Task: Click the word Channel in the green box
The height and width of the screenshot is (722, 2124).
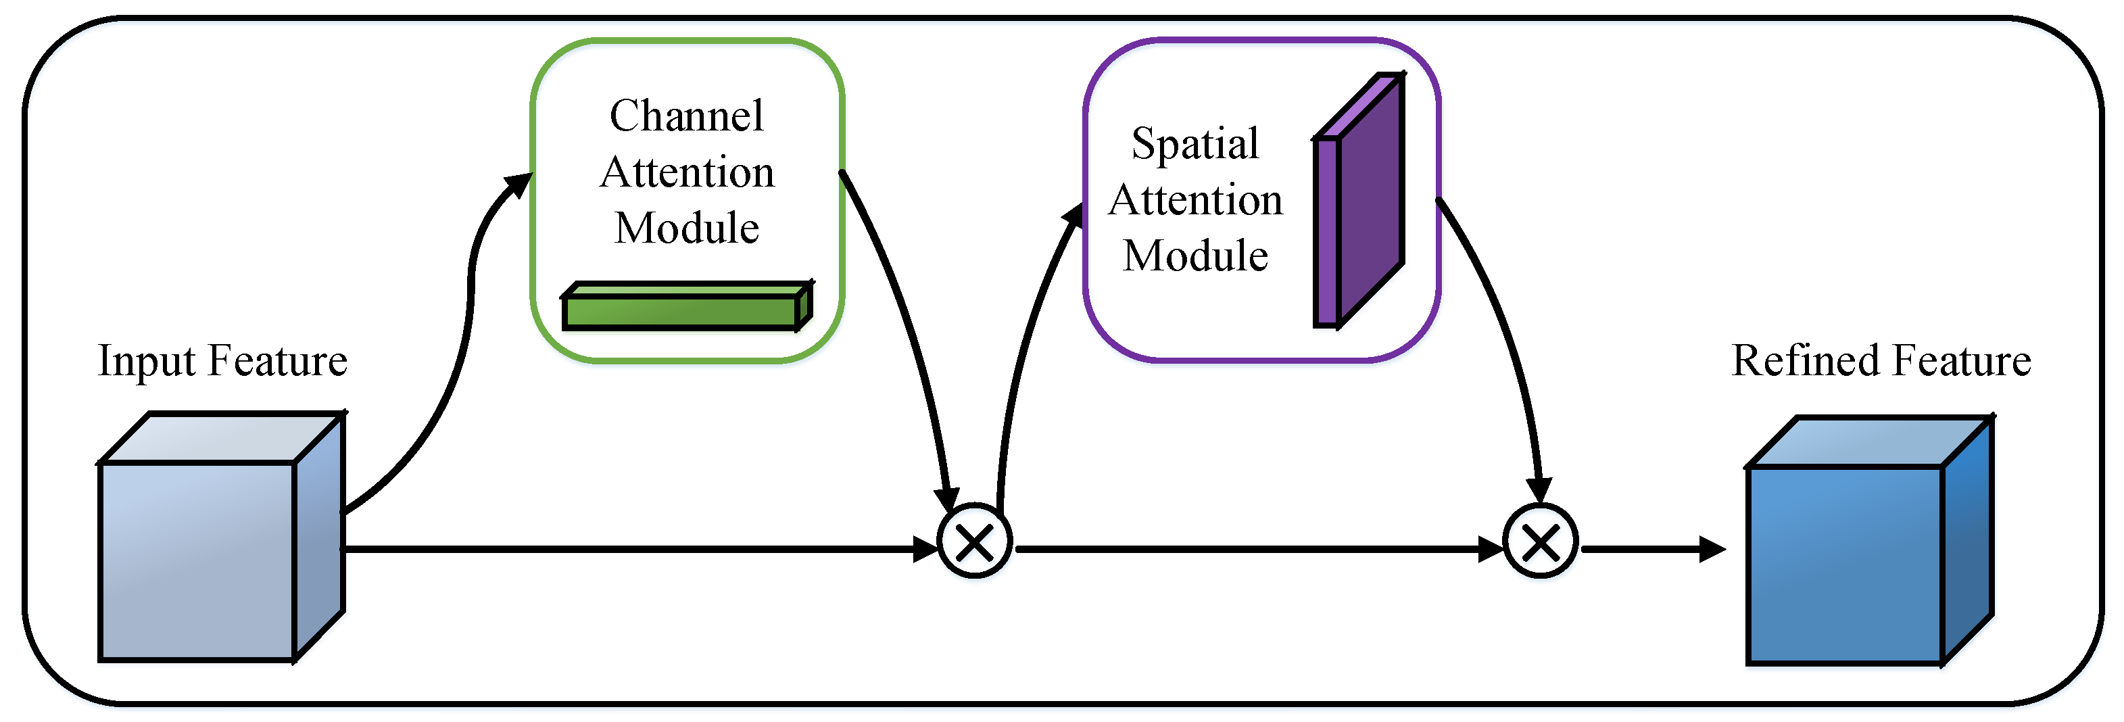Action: (x=686, y=116)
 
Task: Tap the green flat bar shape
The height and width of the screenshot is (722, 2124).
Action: (x=684, y=310)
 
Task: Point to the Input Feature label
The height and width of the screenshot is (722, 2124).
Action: (x=222, y=361)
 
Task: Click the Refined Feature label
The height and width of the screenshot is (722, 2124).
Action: (x=1881, y=361)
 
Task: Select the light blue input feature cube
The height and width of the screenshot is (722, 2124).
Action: (x=198, y=560)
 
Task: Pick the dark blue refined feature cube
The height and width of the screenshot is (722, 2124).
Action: (x=1847, y=564)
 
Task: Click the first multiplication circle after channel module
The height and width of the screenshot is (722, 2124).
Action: (x=975, y=542)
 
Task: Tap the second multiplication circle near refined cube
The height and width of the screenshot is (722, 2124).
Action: (x=1540, y=542)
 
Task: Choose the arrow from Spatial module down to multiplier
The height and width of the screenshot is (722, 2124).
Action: (x=1501, y=330)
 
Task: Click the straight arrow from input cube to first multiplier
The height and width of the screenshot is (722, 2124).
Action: (x=627, y=549)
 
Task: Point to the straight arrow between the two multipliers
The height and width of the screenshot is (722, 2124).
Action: (x=1253, y=549)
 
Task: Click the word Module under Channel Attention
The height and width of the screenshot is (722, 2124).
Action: (x=686, y=228)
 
